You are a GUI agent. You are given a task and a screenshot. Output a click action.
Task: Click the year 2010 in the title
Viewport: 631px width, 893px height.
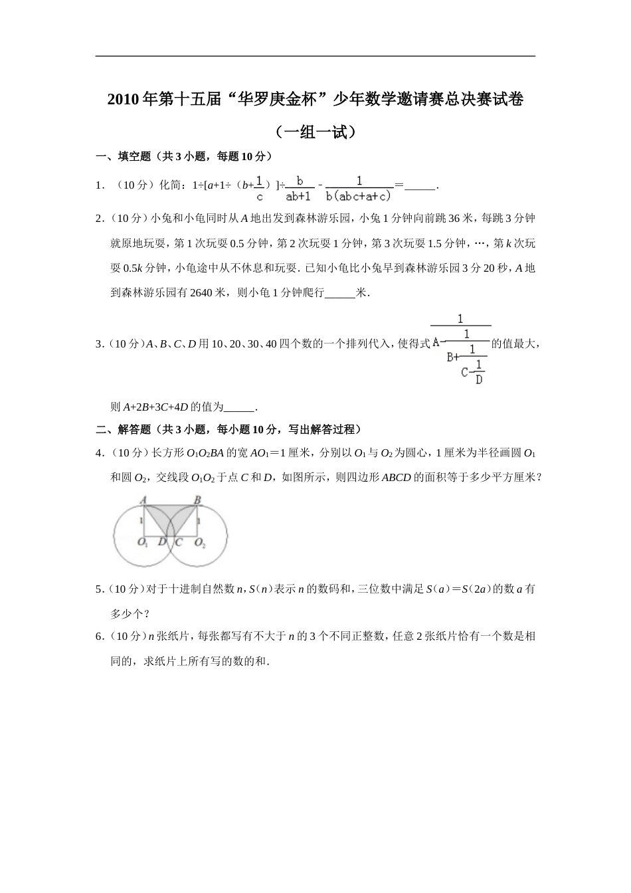(x=123, y=100)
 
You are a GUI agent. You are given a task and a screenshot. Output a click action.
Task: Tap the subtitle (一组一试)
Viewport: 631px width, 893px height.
(x=315, y=132)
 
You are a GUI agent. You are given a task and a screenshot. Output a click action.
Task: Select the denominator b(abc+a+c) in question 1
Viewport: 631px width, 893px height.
(x=359, y=196)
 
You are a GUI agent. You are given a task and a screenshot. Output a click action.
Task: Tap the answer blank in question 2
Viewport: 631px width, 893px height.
(x=341, y=292)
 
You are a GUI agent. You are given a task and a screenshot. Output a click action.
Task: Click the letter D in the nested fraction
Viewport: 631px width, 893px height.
(x=479, y=379)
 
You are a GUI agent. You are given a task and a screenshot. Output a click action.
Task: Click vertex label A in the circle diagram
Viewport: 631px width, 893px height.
(x=143, y=500)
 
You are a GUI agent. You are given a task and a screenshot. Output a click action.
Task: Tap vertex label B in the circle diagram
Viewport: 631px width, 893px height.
(x=197, y=500)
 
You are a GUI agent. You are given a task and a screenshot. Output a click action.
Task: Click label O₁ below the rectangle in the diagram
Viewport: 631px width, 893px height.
(x=143, y=543)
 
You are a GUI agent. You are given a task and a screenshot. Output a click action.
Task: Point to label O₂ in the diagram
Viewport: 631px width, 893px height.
(x=199, y=543)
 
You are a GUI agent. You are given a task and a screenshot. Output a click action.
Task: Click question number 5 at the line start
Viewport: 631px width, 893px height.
(x=99, y=589)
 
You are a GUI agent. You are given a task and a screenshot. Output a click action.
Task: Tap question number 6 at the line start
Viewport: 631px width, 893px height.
(x=99, y=637)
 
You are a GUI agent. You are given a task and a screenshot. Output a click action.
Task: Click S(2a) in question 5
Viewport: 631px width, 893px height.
(x=482, y=589)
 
